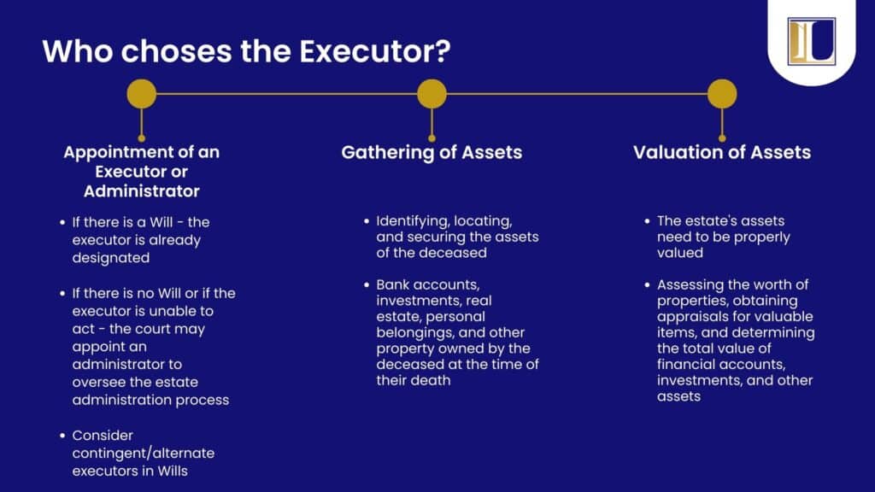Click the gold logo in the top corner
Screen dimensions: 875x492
[x=812, y=41]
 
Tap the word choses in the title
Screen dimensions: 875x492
[x=176, y=51]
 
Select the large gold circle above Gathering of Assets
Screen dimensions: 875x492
[x=432, y=94]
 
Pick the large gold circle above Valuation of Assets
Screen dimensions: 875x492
[x=722, y=94]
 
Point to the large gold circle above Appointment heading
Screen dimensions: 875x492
[x=142, y=94]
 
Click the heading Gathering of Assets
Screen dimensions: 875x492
[x=432, y=152]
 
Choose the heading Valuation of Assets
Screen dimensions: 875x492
[x=722, y=152]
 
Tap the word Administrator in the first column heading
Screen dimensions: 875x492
[x=142, y=191]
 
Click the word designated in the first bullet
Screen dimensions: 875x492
[x=111, y=258]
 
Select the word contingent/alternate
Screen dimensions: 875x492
[x=144, y=453]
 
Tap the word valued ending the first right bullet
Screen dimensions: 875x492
[x=680, y=253]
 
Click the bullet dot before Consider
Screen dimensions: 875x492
[x=62, y=435]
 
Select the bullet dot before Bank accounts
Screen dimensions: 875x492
[x=367, y=284]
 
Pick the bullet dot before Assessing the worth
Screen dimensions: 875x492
[x=648, y=284]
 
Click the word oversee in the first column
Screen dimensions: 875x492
[x=96, y=383]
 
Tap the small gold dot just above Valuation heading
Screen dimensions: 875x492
[x=722, y=138]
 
